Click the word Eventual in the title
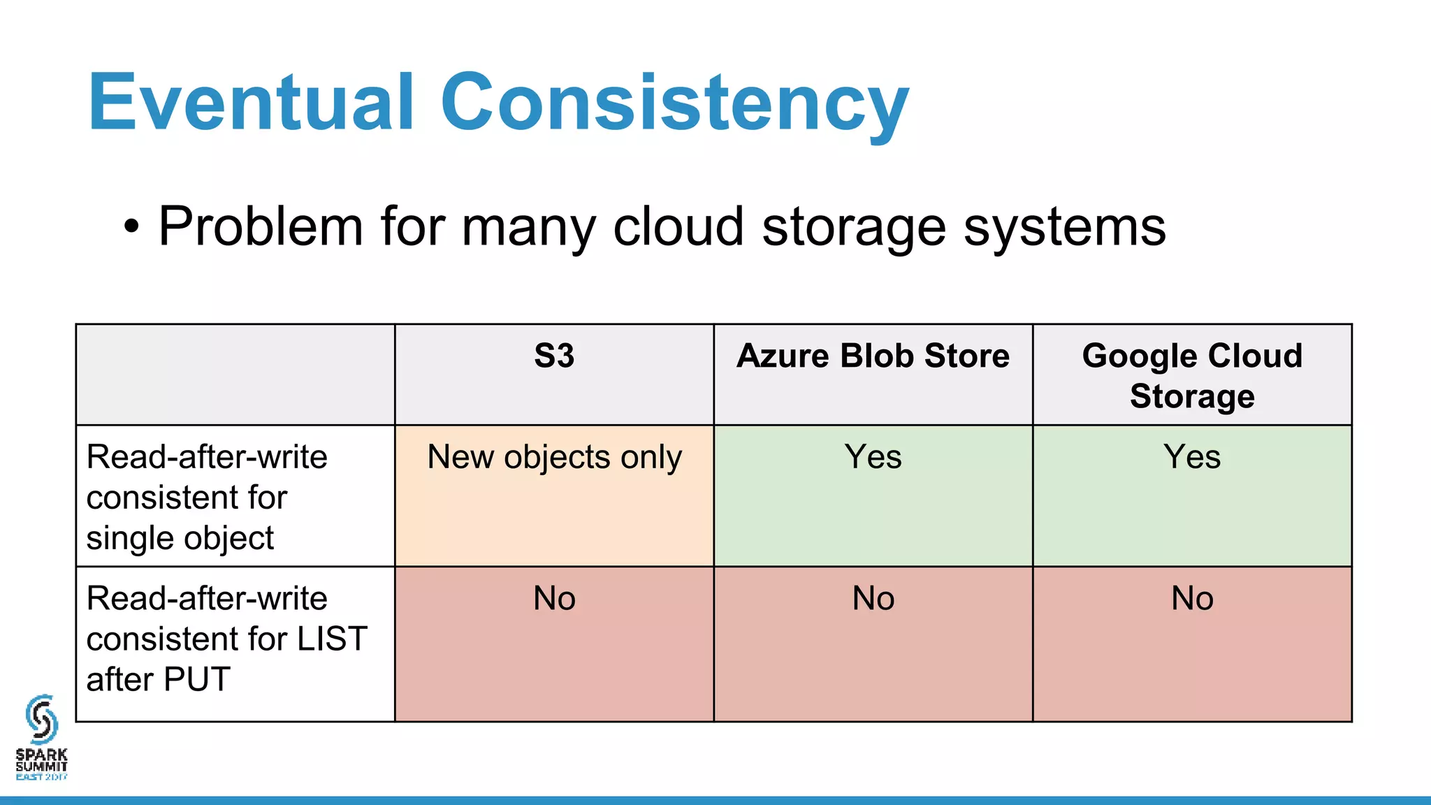click(x=252, y=103)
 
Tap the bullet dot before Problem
click(x=131, y=227)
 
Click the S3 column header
click(x=554, y=356)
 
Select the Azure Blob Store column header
click(x=873, y=356)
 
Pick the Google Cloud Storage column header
click(x=1192, y=375)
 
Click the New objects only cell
click(x=554, y=458)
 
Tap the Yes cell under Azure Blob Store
click(x=873, y=458)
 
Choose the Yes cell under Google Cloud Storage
click(x=1192, y=458)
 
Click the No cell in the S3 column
click(x=554, y=599)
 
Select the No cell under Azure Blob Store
click(x=873, y=599)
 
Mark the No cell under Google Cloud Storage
click(x=1192, y=599)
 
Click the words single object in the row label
click(x=180, y=539)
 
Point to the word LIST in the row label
click(x=332, y=639)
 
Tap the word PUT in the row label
click(x=197, y=679)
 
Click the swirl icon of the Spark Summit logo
click(x=41, y=719)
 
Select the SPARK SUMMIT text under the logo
click(x=41, y=760)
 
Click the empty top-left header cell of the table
click(x=235, y=375)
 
